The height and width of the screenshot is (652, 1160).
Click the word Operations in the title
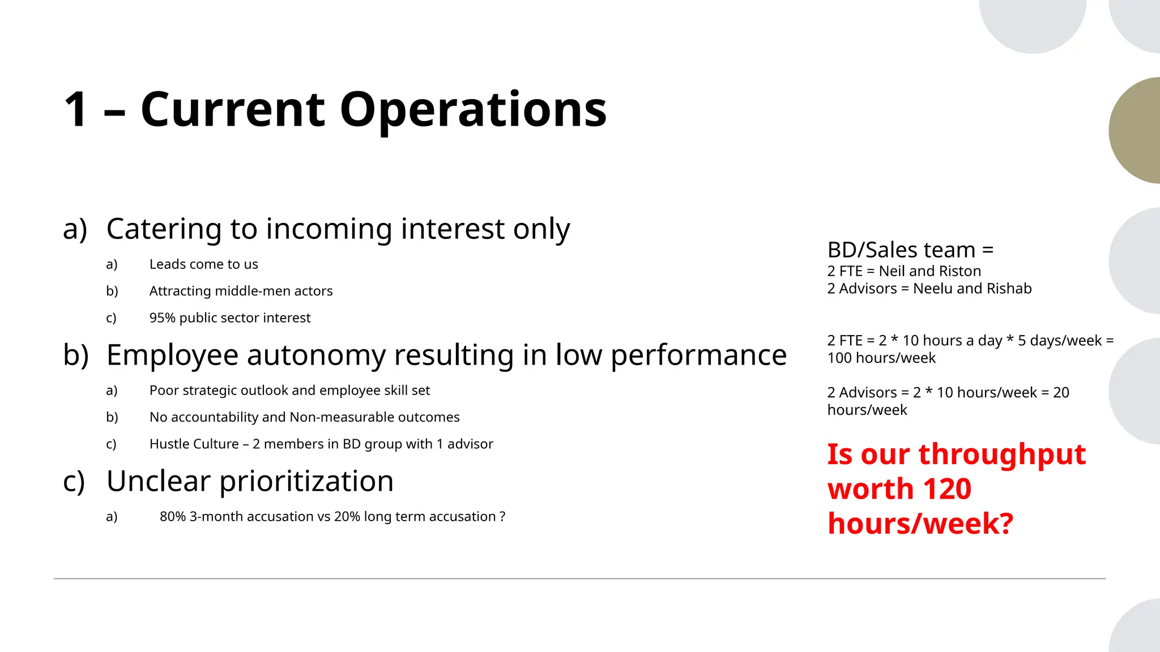473,109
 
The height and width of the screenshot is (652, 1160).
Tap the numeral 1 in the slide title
76,109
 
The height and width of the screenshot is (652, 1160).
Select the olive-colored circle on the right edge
1136,130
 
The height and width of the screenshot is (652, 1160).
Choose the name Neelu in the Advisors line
932,289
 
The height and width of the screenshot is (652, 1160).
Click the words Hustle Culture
194,444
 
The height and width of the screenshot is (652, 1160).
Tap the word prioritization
306,482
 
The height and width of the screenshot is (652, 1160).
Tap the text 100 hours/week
881,358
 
